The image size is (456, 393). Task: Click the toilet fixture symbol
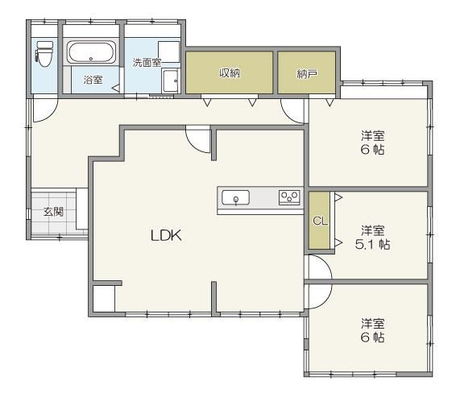tap(44, 54)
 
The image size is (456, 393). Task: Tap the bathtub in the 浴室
tap(91, 52)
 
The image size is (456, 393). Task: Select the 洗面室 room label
tap(147, 63)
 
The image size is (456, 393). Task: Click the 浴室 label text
tap(93, 80)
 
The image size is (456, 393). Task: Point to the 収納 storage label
tap(230, 72)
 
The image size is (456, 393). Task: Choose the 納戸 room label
tap(307, 74)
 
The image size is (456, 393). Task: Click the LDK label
tap(166, 235)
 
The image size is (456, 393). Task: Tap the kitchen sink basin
tap(235, 197)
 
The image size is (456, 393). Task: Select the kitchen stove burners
tap(289, 197)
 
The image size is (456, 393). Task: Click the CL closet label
tap(320, 221)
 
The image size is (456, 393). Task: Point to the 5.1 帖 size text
tap(372, 245)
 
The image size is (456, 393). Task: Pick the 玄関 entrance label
tap(53, 211)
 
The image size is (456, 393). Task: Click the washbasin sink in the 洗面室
tap(171, 81)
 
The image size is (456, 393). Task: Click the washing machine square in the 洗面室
tap(168, 52)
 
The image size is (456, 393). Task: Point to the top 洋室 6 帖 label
tap(372, 143)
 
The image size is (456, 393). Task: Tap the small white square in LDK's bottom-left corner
tap(104, 299)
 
